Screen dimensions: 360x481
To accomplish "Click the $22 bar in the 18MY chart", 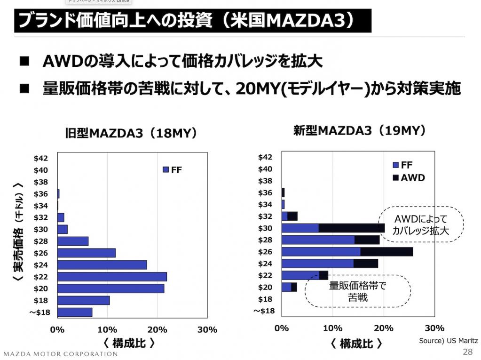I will pyautogui.click(x=112, y=277).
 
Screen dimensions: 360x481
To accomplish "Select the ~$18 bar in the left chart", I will pyautogui.click(x=75, y=312).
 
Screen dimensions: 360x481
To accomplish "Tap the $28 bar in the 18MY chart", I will pyautogui.click(x=73, y=241).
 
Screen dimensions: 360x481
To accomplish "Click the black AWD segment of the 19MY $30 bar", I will pyautogui.click(x=352, y=228).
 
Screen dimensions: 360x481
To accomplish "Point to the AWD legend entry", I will pyautogui.click(x=409, y=177).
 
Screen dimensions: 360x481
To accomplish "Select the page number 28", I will pyautogui.click(x=468, y=352).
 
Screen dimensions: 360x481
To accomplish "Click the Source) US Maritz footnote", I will pyautogui.click(x=449, y=340).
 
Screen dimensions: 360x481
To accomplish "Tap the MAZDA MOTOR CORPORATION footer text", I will pyautogui.click(x=61, y=353).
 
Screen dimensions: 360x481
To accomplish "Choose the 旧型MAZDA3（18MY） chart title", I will pyautogui.click(x=130, y=134).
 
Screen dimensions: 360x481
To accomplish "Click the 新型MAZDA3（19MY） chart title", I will pyautogui.click(x=360, y=130).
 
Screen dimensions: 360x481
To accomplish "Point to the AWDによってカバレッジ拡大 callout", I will pyautogui.click(x=421, y=225).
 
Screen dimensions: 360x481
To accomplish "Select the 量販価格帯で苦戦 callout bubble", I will pyautogui.click(x=357, y=291).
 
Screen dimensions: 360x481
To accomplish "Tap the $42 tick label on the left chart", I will pyautogui.click(x=41, y=158).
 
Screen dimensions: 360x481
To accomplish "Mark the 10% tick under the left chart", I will pyautogui.click(x=107, y=329).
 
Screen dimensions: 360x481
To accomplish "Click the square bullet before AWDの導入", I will pyautogui.click(x=24, y=62).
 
